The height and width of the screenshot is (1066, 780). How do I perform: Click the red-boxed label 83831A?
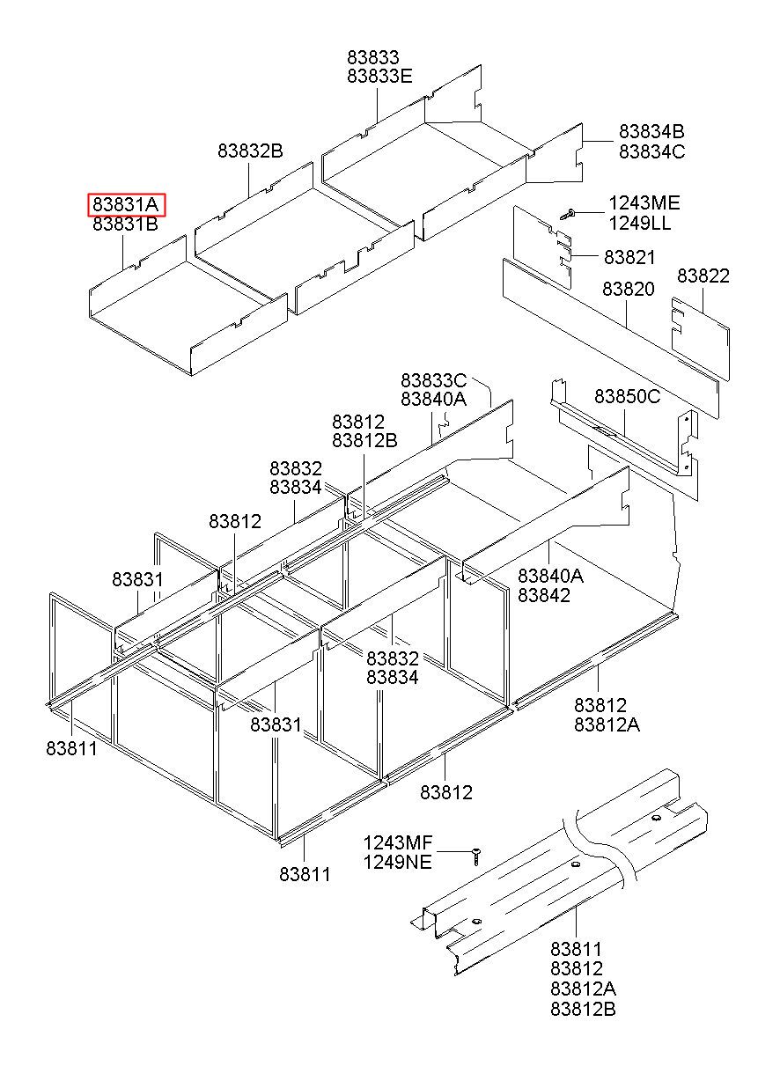[126, 205]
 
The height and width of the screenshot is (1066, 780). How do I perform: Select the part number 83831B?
[126, 224]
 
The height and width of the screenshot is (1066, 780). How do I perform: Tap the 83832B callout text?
[251, 151]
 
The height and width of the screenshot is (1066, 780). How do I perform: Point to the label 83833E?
[379, 77]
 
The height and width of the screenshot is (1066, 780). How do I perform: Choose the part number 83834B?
[651, 131]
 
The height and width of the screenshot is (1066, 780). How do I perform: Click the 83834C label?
[651, 151]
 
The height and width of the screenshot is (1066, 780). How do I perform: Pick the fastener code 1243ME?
[644, 203]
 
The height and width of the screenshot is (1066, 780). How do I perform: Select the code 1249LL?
[640, 224]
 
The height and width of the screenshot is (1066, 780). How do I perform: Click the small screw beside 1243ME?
[568, 212]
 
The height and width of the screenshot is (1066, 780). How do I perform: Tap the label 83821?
[629, 257]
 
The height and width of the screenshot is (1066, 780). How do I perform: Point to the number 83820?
[628, 290]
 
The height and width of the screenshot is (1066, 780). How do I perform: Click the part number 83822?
[703, 276]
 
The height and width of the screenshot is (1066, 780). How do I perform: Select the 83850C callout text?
[627, 396]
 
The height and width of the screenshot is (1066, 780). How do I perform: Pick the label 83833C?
[433, 380]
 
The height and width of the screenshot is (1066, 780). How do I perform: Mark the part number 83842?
[543, 595]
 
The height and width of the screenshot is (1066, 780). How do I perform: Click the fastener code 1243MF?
[398, 842]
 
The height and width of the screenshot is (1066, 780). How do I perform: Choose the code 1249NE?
[398, 862]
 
